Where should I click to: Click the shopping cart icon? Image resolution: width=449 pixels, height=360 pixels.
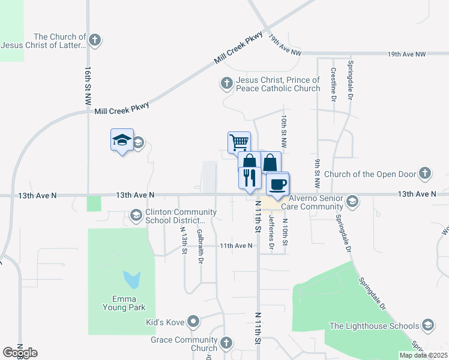[x=239, y=142]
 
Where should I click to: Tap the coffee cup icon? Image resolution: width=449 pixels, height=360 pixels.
[x=277, y=183]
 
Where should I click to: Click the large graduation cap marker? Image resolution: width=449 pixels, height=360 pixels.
[x=122, y=140]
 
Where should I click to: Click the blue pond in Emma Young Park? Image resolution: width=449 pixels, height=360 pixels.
[x=132, y=280]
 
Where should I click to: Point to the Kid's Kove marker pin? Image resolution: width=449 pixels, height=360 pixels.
[x=193, y=322]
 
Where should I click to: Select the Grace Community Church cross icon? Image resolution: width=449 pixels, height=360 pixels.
[x=226, y=343]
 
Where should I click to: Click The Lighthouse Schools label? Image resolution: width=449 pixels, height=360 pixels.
[x=375, y=326]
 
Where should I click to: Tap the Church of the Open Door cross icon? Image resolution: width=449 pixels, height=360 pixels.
[x=425, y=174]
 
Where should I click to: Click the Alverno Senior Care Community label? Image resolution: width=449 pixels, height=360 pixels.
[x=316, y=202]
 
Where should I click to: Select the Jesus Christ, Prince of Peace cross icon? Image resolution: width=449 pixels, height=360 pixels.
[x=226, y=83]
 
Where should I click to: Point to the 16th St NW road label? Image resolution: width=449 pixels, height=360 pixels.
[x=88, y=84]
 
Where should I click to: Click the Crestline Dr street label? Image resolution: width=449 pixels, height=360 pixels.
[x=333, y=85]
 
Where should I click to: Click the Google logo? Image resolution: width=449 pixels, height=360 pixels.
[x=20, y=352]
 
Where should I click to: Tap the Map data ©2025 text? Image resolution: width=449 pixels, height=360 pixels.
[x=423, y=355]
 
